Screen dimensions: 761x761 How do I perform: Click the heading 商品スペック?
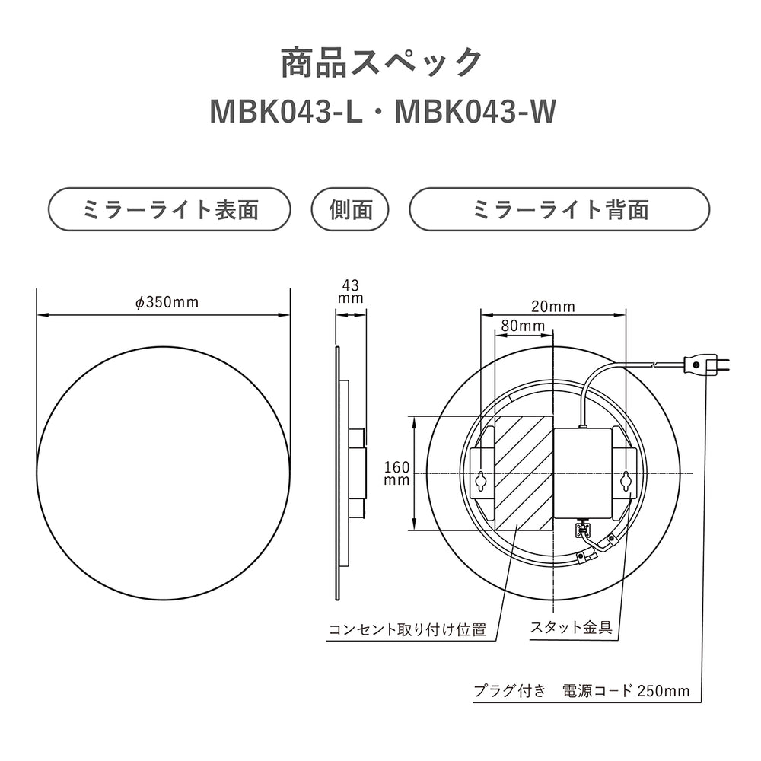pos(382,62)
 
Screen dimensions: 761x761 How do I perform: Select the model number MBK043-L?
pos(286,112)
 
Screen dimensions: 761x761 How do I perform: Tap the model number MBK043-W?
pos(476,112)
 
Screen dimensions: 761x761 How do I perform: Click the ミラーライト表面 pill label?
pos(170,209)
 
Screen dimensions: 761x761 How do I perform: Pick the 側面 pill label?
pos(350,209)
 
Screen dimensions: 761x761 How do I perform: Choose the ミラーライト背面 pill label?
pos(559,209)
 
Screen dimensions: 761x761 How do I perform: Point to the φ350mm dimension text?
pos(167,302)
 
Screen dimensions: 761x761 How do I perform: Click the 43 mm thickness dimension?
pos(350,291)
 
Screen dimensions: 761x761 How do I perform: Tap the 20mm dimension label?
pos(552,307)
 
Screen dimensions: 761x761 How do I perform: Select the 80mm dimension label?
pos(524,326)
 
